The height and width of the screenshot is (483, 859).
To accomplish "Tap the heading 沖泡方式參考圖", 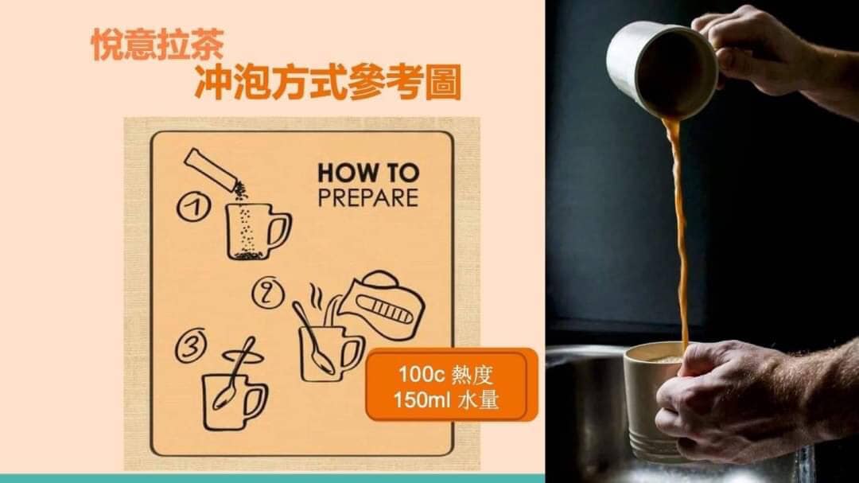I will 327,84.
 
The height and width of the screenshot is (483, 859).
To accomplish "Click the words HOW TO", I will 367,173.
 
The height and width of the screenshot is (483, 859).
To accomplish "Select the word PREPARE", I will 367,197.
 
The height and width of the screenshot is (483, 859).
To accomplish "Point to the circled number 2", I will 264,294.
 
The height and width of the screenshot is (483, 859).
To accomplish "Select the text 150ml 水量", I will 445,400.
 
